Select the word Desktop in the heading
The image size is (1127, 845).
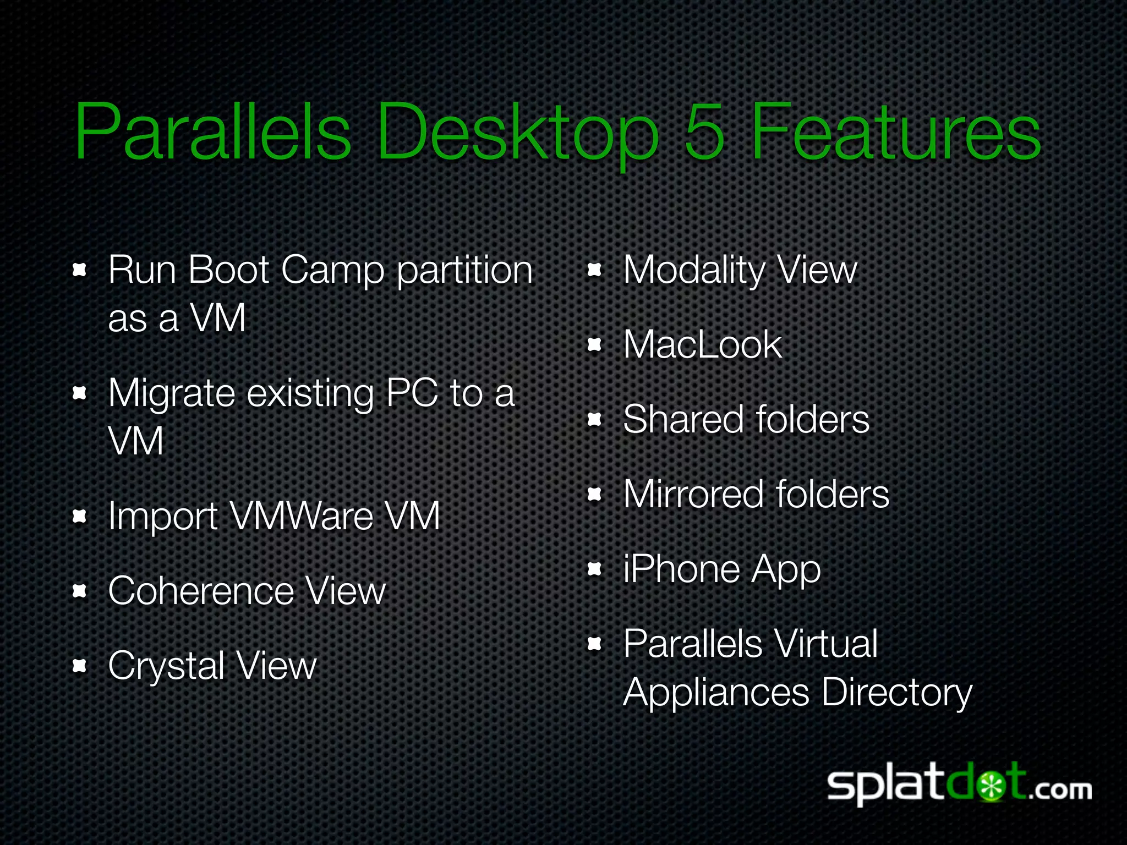coord(517,135)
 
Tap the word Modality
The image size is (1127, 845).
coord(694,271)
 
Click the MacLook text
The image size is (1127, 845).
coord(702,345)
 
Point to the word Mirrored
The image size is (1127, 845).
coord(693,494)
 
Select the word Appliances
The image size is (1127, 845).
coord(716,693)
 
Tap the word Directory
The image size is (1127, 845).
coord(897,693)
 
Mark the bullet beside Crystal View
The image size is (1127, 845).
coord(80,666)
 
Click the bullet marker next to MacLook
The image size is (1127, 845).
coord(594,345)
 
